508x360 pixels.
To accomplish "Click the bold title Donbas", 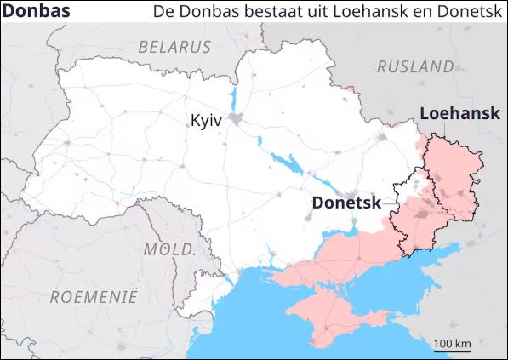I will pos(37,12).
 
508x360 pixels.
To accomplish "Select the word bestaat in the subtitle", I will pos(271,13).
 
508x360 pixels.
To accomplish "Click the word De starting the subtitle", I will pos(163,13).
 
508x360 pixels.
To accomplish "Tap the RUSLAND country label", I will pos(415,66).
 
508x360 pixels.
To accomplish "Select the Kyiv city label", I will pos(206,121).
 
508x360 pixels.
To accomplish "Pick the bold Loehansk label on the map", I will pos(459,113).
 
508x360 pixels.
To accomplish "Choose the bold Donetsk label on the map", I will pos(346,203).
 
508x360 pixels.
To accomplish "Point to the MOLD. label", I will pos(169,249).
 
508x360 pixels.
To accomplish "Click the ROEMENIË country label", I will pos(94,297).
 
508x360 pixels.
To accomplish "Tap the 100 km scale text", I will pos(453,343).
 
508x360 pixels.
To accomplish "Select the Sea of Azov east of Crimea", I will pos(400,272).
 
